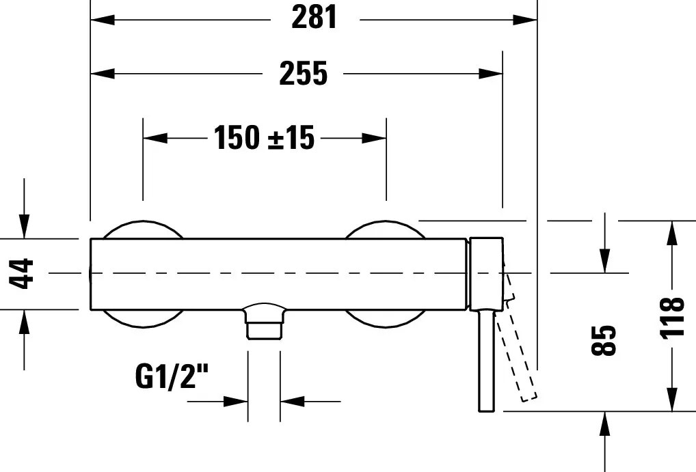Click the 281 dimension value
314,19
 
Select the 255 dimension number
303,74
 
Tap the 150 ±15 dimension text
264,138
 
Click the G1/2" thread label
172,376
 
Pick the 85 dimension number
604,339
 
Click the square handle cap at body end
486,273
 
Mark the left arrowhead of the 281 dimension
103,20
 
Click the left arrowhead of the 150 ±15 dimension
155,138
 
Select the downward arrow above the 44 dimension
24,225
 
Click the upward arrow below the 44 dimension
24,322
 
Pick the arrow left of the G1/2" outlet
235,402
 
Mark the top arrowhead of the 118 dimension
673,234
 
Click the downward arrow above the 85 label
605,260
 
